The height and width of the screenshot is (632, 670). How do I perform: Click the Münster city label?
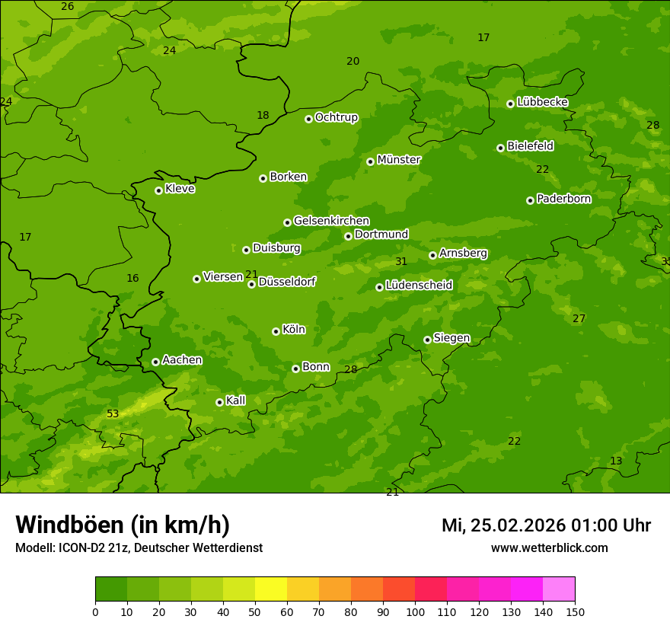pos(398,160)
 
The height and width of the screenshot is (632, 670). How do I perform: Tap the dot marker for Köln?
pos(276,331)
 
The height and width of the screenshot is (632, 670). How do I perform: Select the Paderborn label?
pos(563,199)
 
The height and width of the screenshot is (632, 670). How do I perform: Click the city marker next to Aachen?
pos(155,362)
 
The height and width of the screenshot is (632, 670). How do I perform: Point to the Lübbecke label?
pos(542,102)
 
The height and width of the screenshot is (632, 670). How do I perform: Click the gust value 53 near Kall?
pos(113,414)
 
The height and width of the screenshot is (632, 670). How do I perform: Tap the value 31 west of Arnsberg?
pos(401,262)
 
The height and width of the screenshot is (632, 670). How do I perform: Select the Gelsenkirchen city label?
pos(331,221)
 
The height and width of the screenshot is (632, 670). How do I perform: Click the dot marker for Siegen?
pos(427,340)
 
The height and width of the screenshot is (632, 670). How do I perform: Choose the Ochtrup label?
pos(336,117)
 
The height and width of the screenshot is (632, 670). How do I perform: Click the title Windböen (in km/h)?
pos(123,525)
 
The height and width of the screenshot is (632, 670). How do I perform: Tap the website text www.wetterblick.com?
pos(549,548)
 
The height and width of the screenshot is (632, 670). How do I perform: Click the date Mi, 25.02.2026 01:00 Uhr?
pos(546,525)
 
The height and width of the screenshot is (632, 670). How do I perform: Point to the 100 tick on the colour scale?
pos(415,611)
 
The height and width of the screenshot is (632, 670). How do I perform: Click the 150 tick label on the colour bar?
pos(575,611)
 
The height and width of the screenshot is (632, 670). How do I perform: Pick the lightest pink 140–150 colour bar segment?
pos(559,589)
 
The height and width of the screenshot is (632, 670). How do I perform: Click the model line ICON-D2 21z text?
pos(139,548)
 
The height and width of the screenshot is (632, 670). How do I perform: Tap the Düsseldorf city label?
pos(287,282)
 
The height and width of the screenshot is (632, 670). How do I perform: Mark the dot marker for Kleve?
pos(158,190)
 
